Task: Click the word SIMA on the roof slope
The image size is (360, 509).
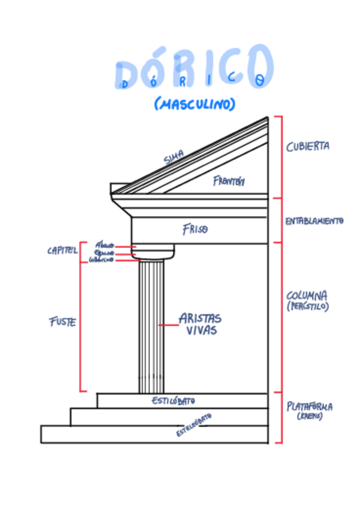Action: (173, 158)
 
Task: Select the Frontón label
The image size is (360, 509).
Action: (229, 181)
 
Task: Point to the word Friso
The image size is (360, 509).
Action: (195, 229)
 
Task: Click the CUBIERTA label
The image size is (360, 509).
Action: (307, 146)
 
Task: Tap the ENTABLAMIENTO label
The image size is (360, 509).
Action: (314, 221)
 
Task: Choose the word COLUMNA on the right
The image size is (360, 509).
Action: (307, 295)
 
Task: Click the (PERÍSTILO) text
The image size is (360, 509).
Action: (307, 307)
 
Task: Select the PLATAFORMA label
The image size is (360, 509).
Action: (310, 406)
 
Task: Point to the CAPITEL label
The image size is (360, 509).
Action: (62, 251)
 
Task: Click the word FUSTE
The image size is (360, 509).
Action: (62, 322)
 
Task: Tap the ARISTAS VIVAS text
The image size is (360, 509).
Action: (200, 324)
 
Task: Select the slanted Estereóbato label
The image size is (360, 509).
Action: (193, 425)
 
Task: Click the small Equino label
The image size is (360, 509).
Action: (103, 253)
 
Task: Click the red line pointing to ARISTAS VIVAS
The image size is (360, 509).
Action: (167, 324)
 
